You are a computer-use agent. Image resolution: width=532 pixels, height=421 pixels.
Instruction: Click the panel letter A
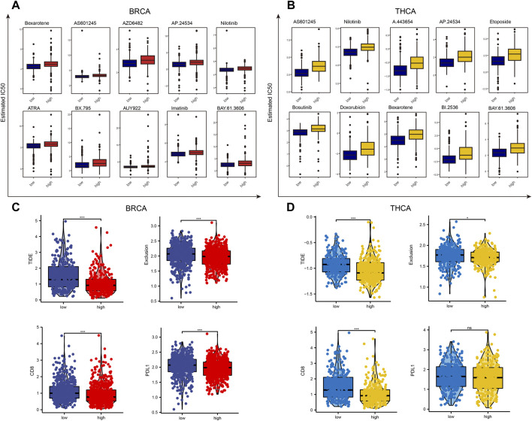pyautogui.click(x=8, y=7)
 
